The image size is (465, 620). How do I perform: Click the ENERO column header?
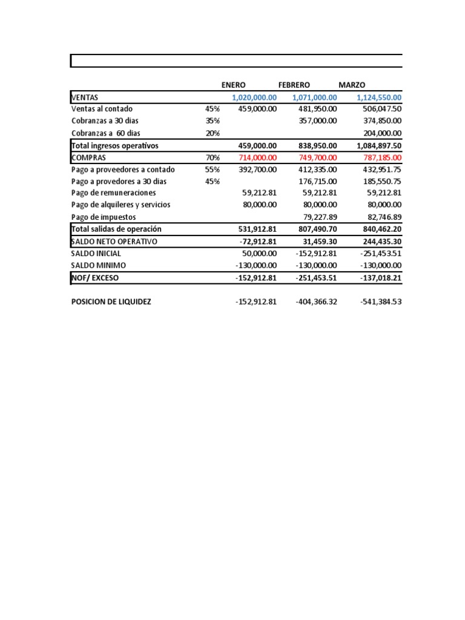pos(234,85)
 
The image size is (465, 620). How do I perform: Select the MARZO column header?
pos(352,85)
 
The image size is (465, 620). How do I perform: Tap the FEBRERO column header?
pos(294,85)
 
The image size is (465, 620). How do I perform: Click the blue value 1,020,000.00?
pos(254,97)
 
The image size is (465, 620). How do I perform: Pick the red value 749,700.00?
pos(314,157)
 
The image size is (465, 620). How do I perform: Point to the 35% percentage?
pos(212,121)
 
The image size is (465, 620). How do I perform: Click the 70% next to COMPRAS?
pos(212,157)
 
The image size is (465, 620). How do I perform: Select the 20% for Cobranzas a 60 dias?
pos(212,133)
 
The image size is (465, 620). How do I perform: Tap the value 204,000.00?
pos(378,133)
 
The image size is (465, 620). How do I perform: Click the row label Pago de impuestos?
pos(104,217)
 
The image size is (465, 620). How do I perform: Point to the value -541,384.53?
pos(378,302)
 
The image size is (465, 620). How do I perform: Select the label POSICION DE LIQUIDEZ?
pos(111,302)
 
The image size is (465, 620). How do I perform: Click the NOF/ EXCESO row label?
pos(95,278)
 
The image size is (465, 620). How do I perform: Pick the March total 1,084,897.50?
pos(375,145)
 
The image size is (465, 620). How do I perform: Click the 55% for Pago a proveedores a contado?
pos(212,170)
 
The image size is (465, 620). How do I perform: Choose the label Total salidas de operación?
pos(116,229)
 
